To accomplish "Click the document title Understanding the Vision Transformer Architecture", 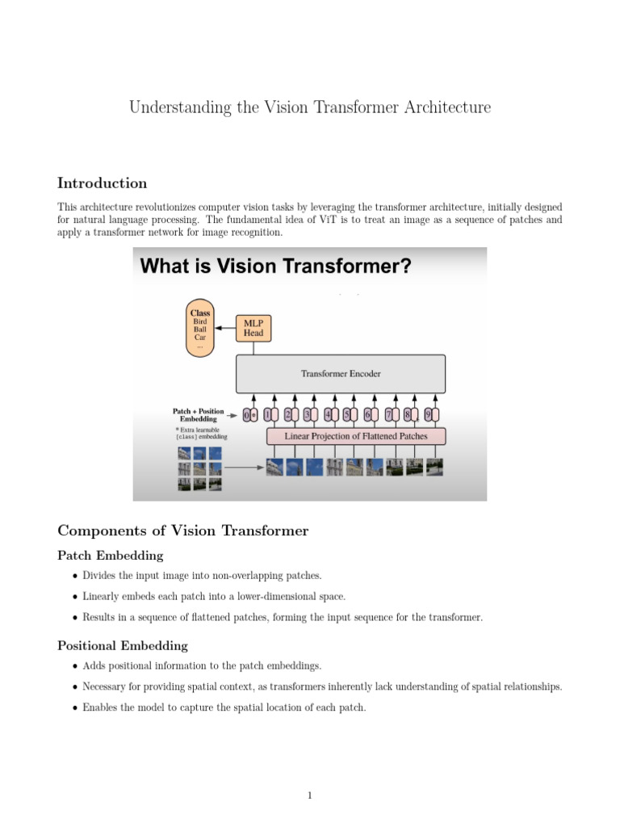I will click(310, 107).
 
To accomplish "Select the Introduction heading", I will click(102, 183).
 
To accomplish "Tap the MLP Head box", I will click(253, 327).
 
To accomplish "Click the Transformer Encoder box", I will click(340, 374).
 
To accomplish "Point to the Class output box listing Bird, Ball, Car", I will click(199, 327).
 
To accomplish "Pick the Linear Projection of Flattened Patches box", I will click(356, 436).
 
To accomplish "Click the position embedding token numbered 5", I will click(347, 415).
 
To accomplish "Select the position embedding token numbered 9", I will click(431, 415).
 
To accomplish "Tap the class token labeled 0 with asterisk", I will click(251, 415).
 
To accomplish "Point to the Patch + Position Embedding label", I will click(199, 415).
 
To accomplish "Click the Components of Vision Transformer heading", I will click(182, 531).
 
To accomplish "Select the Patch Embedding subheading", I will click(110, 556).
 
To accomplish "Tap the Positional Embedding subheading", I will click(123, 645).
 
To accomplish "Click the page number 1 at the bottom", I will click(309, 796).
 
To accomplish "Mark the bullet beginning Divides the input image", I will click(201, 576).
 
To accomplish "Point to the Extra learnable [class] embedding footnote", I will click(201, 433).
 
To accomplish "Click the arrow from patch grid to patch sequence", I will click(243, 467).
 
